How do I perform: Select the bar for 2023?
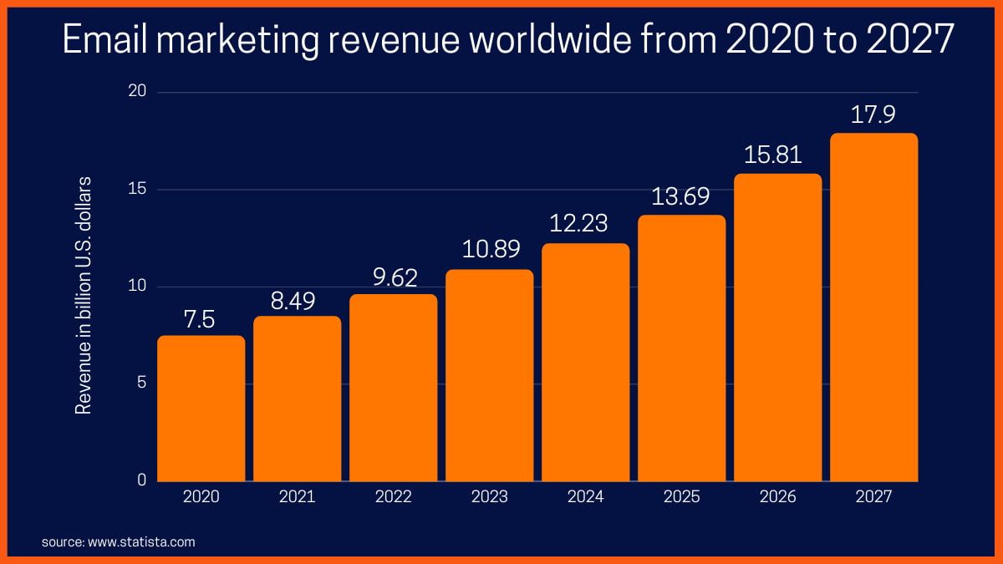click(x=489, y=375)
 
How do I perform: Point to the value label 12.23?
click(x=585, y=224)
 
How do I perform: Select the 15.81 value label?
click(x=777, y=155)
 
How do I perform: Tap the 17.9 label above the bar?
click(x=873, y=114)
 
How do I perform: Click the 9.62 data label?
click(x=394, y=277)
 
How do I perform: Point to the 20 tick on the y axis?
click(x=136, y=92)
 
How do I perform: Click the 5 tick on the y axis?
click(x=141, y=384)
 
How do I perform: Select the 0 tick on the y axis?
click(x=141, y=480)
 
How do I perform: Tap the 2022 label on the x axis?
click(x=394, y=497)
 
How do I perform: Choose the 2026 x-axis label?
click(x=777, y=497)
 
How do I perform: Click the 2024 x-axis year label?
click(x=585, y=497)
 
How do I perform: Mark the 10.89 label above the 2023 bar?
click(x=489, y=249)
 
